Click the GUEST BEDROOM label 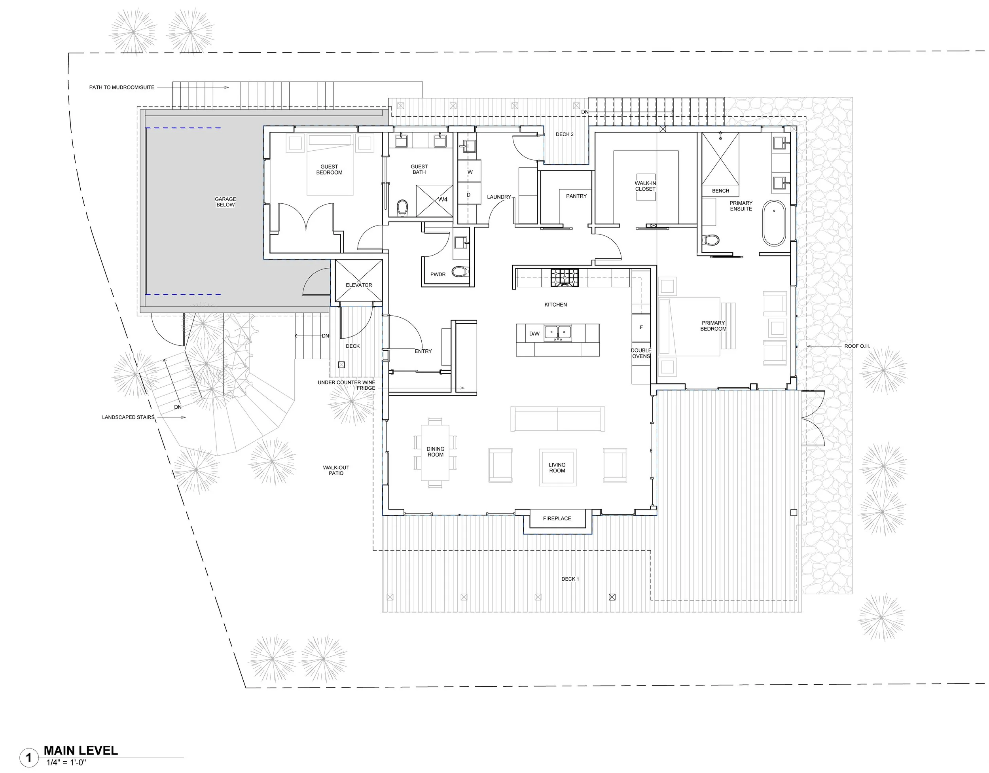click(329, 169)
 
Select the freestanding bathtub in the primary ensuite click(774, 223)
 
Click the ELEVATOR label click(359, 285)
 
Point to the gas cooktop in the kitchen click(565, 278)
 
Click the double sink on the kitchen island click(557, 333)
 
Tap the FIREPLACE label click(557, 519)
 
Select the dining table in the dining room click(435, 453)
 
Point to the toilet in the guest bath click(402, 209)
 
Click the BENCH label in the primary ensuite click(720, 191)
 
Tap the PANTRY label click(576, 196)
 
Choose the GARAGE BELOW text click(225, 202)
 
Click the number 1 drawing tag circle click(29, 757)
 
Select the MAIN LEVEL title click(81, 750)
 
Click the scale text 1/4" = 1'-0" click(66, 763)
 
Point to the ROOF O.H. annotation click(857, 347)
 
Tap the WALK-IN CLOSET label click(645, 186)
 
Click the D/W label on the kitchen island click(534, 334)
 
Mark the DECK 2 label click(565, 135)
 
